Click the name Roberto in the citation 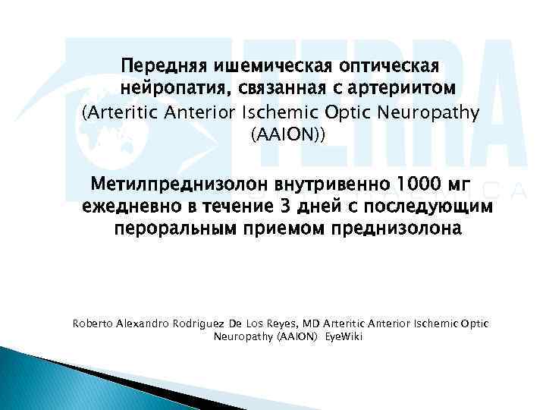click(x=93, y=324)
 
